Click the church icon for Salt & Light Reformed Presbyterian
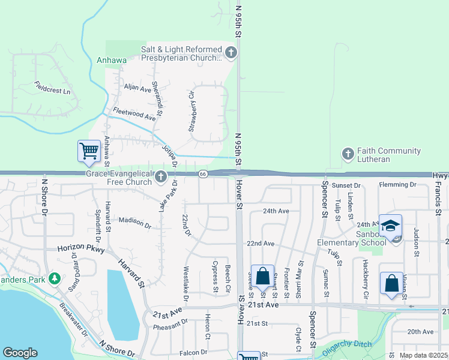pos(231,54)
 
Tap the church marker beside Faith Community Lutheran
pos(348,154)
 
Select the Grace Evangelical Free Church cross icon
pos(160,177)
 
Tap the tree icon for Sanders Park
pos(55,278)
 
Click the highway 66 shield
pos(203,174)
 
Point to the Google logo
pos(20,353)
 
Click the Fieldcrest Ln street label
pos(52,88)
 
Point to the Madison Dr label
pos(134,222)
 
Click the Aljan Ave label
pos(137,88)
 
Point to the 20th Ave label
pos(420,331)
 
